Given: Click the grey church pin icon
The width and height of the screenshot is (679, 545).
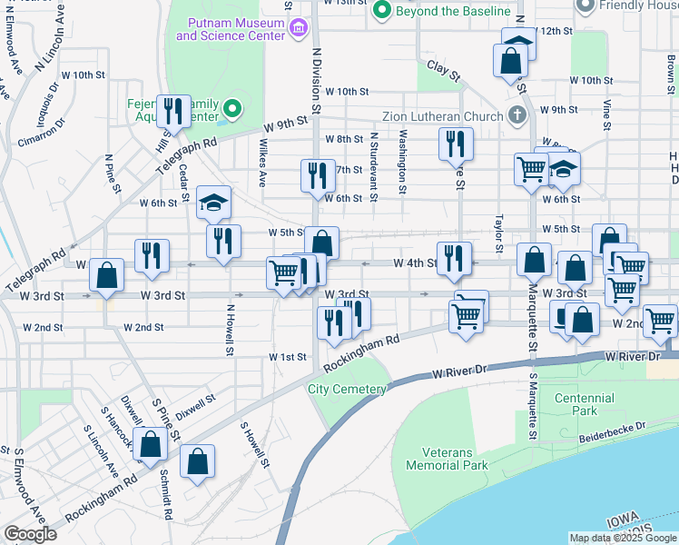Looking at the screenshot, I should point(517,115).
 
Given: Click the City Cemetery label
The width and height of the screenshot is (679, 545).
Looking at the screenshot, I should point(347,389).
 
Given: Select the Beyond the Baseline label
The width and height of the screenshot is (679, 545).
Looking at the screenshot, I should point(453,11).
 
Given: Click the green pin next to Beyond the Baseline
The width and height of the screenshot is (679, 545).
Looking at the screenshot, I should point(382,11).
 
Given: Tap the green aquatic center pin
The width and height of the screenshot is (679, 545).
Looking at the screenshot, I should point(231,111).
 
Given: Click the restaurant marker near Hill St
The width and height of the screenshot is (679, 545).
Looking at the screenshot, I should point(172,113).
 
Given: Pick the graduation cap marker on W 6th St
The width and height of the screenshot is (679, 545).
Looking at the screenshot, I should point(214,203).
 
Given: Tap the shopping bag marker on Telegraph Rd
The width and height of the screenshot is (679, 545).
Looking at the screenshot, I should point(106,276).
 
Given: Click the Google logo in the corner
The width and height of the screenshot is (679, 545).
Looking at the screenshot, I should point(30,534).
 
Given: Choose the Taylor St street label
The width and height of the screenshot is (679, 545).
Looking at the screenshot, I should point(498,233).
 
